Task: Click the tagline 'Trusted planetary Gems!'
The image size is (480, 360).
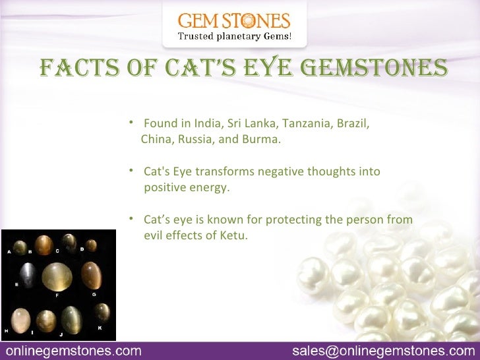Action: (x=235, y=36)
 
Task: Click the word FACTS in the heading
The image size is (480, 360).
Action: (x=76, y=69)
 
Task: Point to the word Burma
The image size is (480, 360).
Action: (x=263, y=140)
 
